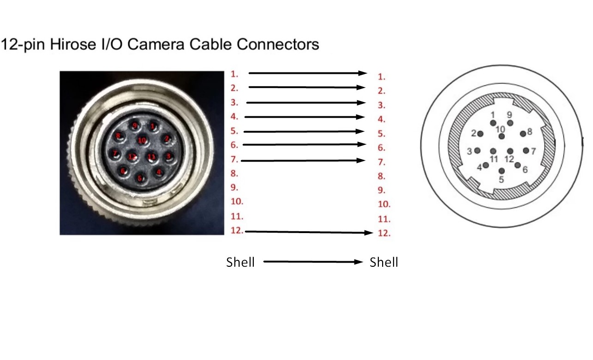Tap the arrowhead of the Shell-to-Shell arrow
359,262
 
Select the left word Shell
240,263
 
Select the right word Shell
384,263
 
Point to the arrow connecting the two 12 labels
309,232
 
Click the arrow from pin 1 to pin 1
307,73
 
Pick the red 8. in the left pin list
234,174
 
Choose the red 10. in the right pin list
384,204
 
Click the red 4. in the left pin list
234,117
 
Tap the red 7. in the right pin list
381,162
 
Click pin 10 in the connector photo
142,140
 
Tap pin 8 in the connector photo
119,136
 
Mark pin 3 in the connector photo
168,156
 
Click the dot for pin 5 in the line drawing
502,171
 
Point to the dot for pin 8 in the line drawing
523,134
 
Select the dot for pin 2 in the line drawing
480,134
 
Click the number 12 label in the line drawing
509,159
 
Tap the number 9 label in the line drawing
509,114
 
